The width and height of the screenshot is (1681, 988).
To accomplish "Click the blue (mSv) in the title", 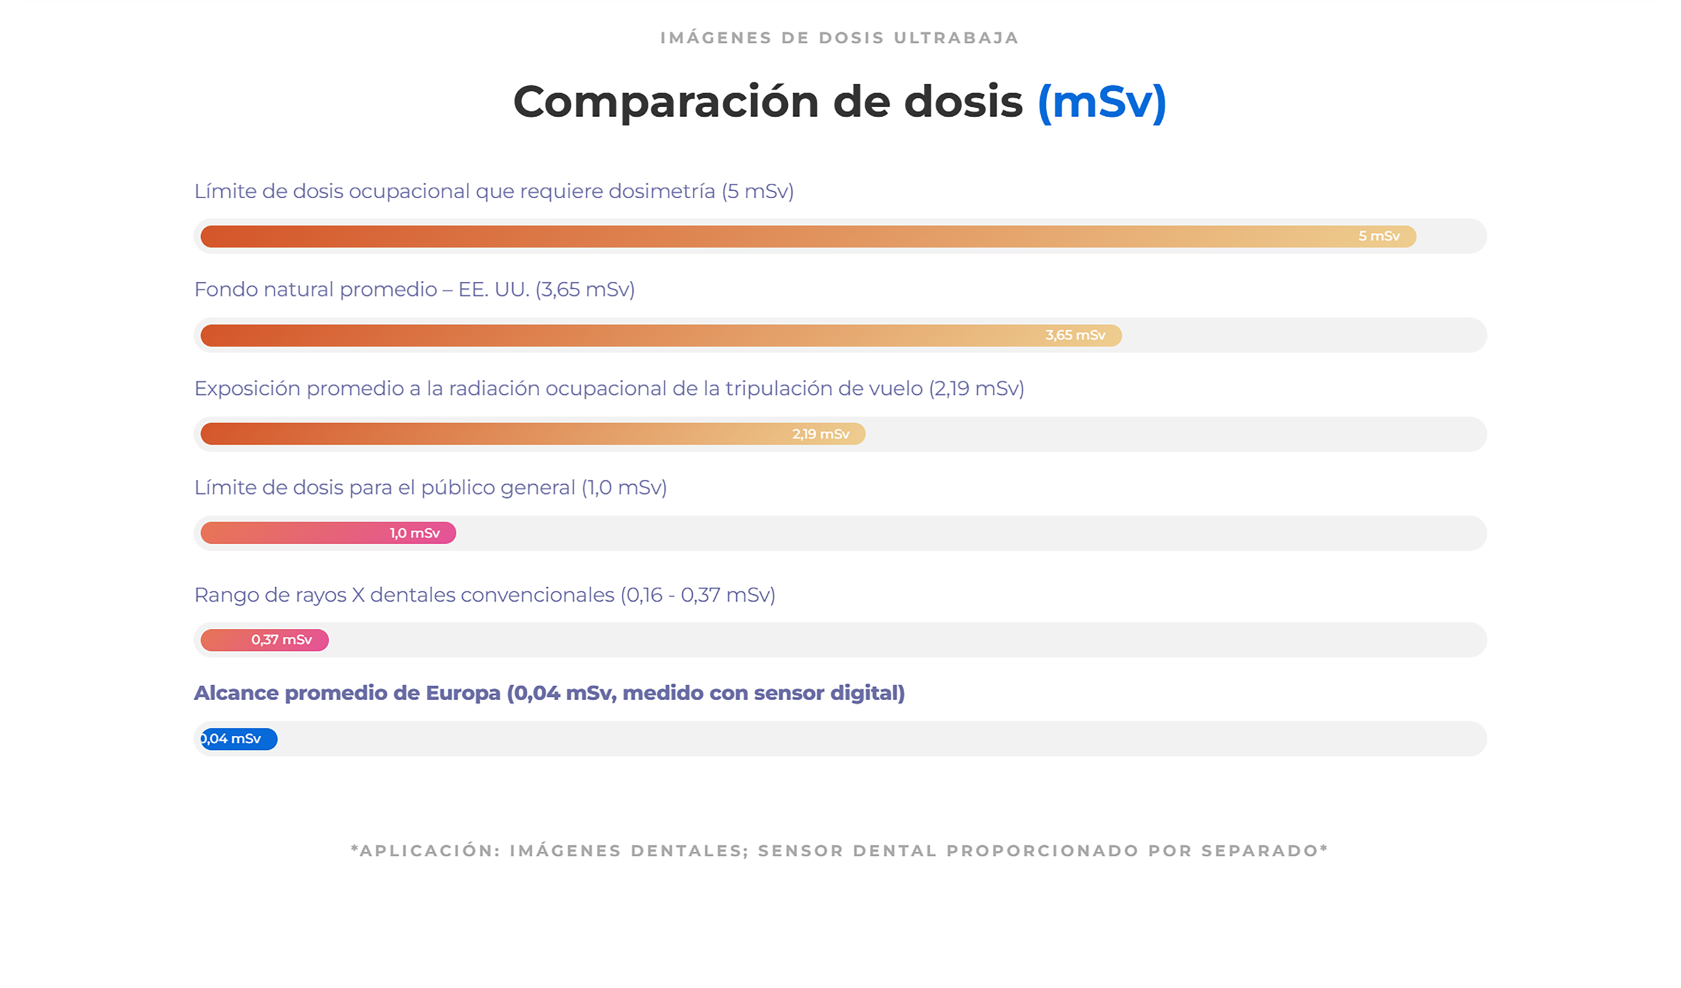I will [x=1101, y=102].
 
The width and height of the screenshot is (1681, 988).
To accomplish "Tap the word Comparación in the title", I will [x=665, y=102].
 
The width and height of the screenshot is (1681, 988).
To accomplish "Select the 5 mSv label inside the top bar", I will [x=1379, y=236].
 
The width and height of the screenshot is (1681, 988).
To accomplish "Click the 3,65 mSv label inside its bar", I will [x=1075, y=335].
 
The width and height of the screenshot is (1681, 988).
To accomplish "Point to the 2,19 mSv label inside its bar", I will [x=821, y=434].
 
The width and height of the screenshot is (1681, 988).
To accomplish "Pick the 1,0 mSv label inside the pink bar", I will [x=414, y=533].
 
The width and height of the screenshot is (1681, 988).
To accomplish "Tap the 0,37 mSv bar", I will [x=265, y=640].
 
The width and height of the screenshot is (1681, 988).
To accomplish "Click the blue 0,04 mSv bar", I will [x=238, y=739].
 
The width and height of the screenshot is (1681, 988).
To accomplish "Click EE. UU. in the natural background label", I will [x=494, y=289].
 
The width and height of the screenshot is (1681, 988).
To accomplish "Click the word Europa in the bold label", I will [x=463, y=693].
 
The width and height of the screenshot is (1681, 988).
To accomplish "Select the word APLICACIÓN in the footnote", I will [x=429, y=851].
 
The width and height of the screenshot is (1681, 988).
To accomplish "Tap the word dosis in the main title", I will [x=963, y=102].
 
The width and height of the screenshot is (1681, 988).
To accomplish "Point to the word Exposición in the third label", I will [x=246, y=388].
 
